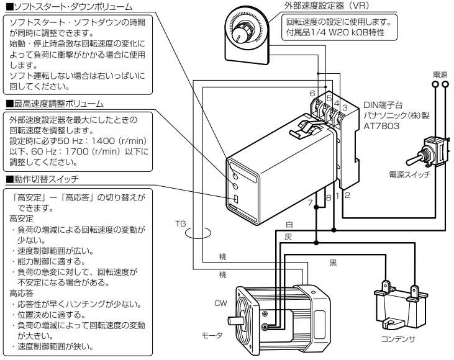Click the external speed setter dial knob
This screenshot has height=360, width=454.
click(x=243, y=29)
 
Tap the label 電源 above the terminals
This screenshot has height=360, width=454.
click(x=440, y=74)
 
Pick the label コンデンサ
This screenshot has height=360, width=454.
click(x=400, y=340)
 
